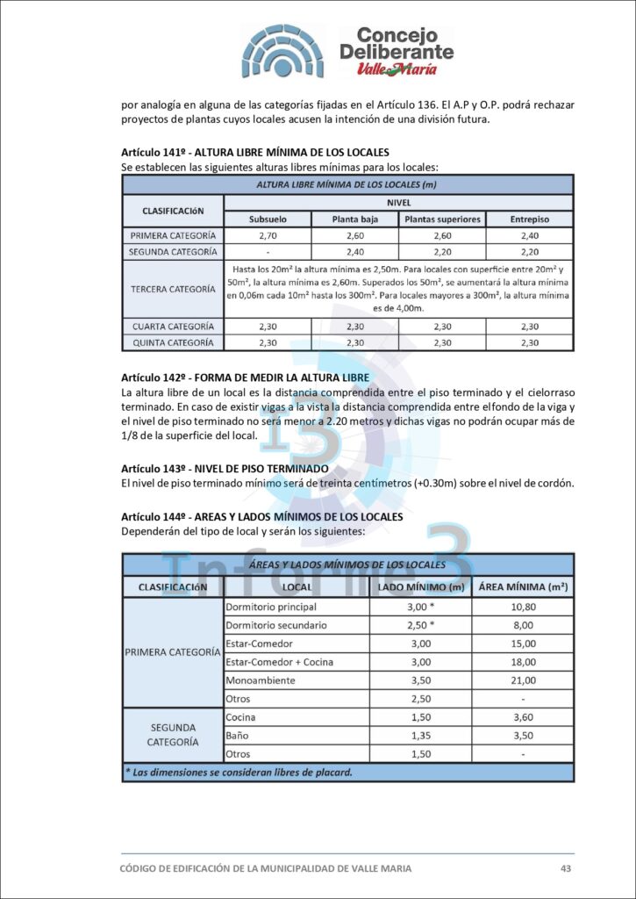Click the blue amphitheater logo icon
pos(283,51)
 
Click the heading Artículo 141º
pos(254,152)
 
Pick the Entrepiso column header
pos(529,219)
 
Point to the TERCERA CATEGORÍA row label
pos(173,288)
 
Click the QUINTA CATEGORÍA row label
pos(173,342)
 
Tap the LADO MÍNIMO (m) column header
pos(421,586)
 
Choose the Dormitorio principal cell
pos(271,607)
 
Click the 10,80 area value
pos(523,607)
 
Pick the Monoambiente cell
pos(260,680)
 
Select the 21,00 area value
pos(523,680)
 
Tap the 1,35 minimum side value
pos(421,736)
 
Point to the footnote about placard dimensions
pos(239,773)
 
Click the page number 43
pos(566,868)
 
